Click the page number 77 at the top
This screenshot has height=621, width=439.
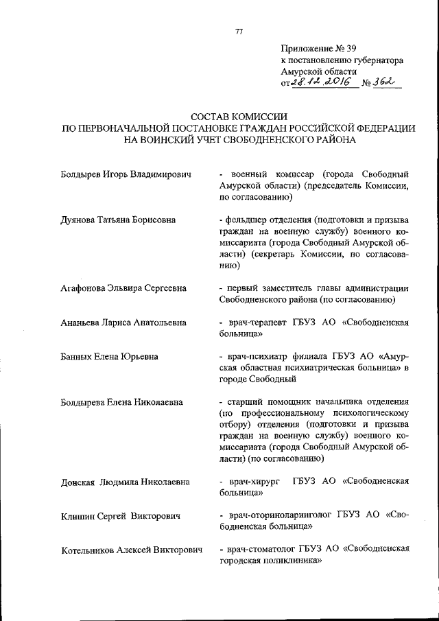coord(239,32)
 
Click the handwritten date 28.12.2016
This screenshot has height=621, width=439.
coord(322,82)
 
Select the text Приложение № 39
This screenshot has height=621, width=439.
coord(318,48)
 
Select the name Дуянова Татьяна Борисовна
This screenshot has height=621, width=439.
coord(118,220)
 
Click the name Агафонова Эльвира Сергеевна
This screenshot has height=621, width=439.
coord(123,288)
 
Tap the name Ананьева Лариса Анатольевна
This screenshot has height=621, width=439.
coord(123,322)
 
